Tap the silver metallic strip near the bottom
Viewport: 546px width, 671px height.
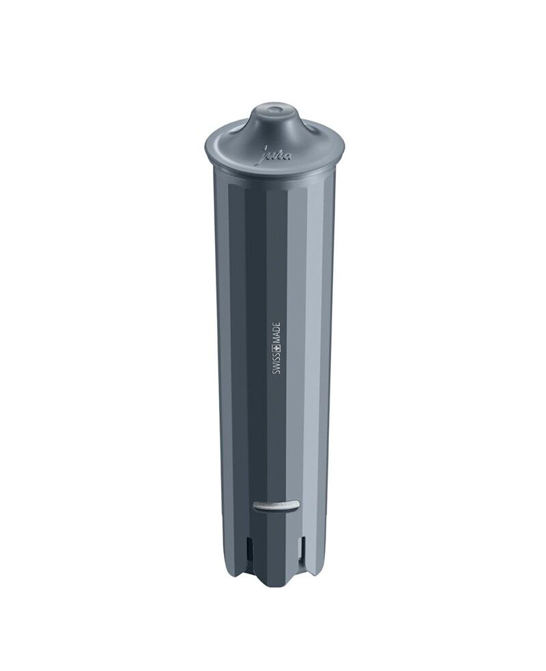pos(276,505)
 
